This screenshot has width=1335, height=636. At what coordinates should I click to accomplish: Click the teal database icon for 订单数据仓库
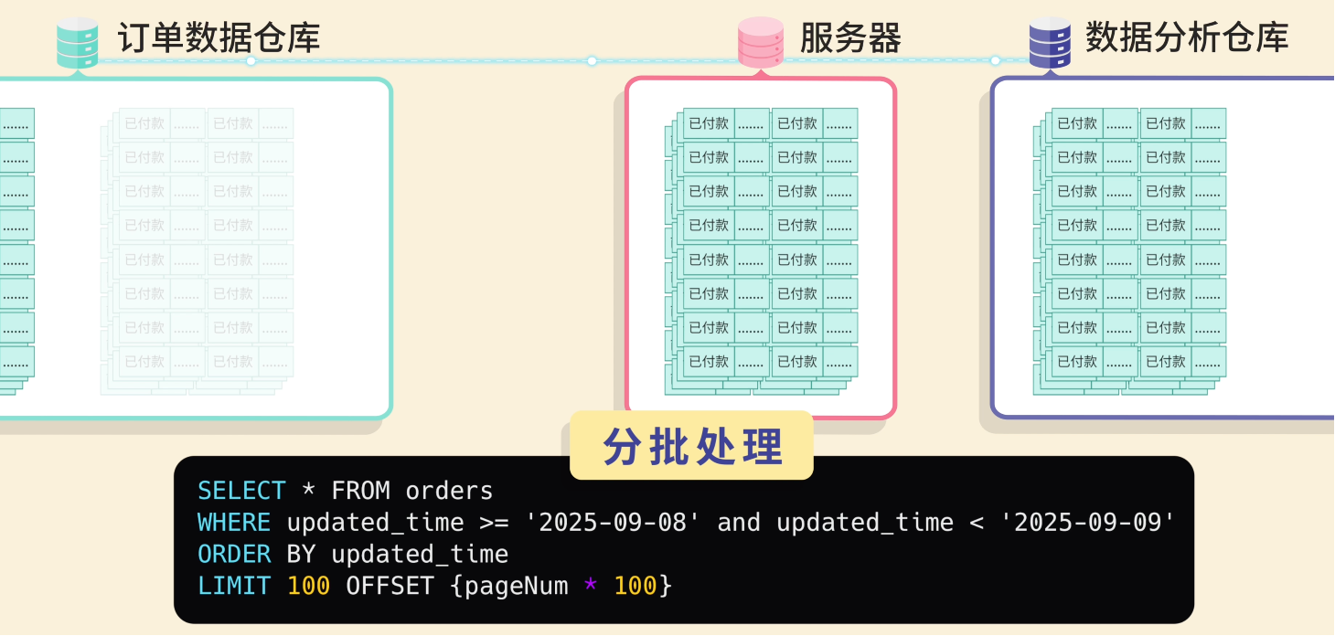pyautogui.click(x=78, y=42)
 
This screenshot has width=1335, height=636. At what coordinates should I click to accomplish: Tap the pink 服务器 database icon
pyautogui.click(x=761, y=42)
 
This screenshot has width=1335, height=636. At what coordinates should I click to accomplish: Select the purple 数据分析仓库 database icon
pyautogui.click(x=1051, y=42)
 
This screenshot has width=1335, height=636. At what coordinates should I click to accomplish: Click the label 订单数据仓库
pyautogui.click(x=219, y=38)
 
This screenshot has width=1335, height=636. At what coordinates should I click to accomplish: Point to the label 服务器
pyautogui.click(x=850, y=38)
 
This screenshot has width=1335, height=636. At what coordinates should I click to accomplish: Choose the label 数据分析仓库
pyautogui.click(x=1187, y=38)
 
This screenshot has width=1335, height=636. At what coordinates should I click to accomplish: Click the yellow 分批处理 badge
pyautogui.click(x=691, y=446)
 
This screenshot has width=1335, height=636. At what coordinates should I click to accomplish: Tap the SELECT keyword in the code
pyautogui.click(x=241, y=492)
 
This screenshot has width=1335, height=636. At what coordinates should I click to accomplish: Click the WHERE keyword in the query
pyautogui.click(x=234, y=523)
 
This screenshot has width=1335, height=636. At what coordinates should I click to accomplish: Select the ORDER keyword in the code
pyautogui.click(x=234, y=555)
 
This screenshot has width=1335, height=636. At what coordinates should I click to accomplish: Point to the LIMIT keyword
pyautogui.click(x=234, y=586)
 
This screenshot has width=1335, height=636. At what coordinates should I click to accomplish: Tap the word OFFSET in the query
pyautogui.click(x=390, y=586)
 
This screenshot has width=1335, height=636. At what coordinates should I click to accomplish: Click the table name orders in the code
pyautogui.click(x=449, y=492)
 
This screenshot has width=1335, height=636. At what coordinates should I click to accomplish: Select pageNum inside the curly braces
pyautogui.click(x=516, y=586)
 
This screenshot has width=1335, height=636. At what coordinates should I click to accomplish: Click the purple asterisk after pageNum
pyautogui.click(x=591, y=586)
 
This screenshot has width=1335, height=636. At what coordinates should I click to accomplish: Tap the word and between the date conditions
pyautogui.click(x=739, y=523)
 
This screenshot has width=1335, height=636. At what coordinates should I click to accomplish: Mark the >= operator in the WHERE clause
pyautogui.click(x=494, y=523)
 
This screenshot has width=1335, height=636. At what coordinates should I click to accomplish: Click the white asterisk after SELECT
pyautogui.click(x=308, y=492)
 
